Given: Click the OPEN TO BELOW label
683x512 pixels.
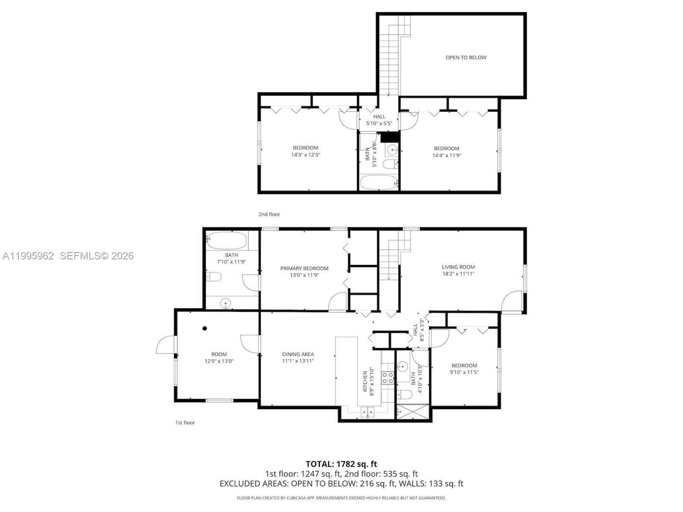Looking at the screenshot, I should [x=466, y=58].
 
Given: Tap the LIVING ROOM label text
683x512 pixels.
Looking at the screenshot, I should [x=458, y=267].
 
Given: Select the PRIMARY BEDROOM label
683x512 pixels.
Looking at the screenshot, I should [x=304, y=268].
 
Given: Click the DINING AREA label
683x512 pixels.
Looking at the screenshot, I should [x=298, y=354].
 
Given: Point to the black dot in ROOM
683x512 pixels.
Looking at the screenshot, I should [x=205, y=328].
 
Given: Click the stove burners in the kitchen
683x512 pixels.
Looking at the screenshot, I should [x=388, y=378].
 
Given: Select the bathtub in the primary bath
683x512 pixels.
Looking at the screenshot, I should [x=227, y=241].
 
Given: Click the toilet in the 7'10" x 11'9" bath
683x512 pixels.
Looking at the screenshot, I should [x=213, y=277].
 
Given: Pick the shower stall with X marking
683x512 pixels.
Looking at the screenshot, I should [x=413, y=412].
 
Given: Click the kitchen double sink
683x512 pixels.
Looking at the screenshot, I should [x=367, y=412].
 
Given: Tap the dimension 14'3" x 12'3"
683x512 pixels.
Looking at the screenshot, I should [x=305, y=155].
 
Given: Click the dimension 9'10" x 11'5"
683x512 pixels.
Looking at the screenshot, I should [x=464, y=372].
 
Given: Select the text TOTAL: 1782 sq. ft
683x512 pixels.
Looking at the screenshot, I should [x=341, y=464].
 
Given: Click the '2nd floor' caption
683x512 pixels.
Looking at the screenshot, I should [x=269, y=214].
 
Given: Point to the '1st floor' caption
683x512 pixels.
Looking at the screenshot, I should [x=185, y=423].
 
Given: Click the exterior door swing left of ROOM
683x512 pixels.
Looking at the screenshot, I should [x=166, y=345].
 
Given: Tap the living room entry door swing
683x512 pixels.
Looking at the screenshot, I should [x=511, y=302].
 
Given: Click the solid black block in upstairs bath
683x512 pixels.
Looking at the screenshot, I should [x=389, y=137].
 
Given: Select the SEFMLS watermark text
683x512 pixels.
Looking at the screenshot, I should [x=96, y=256].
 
